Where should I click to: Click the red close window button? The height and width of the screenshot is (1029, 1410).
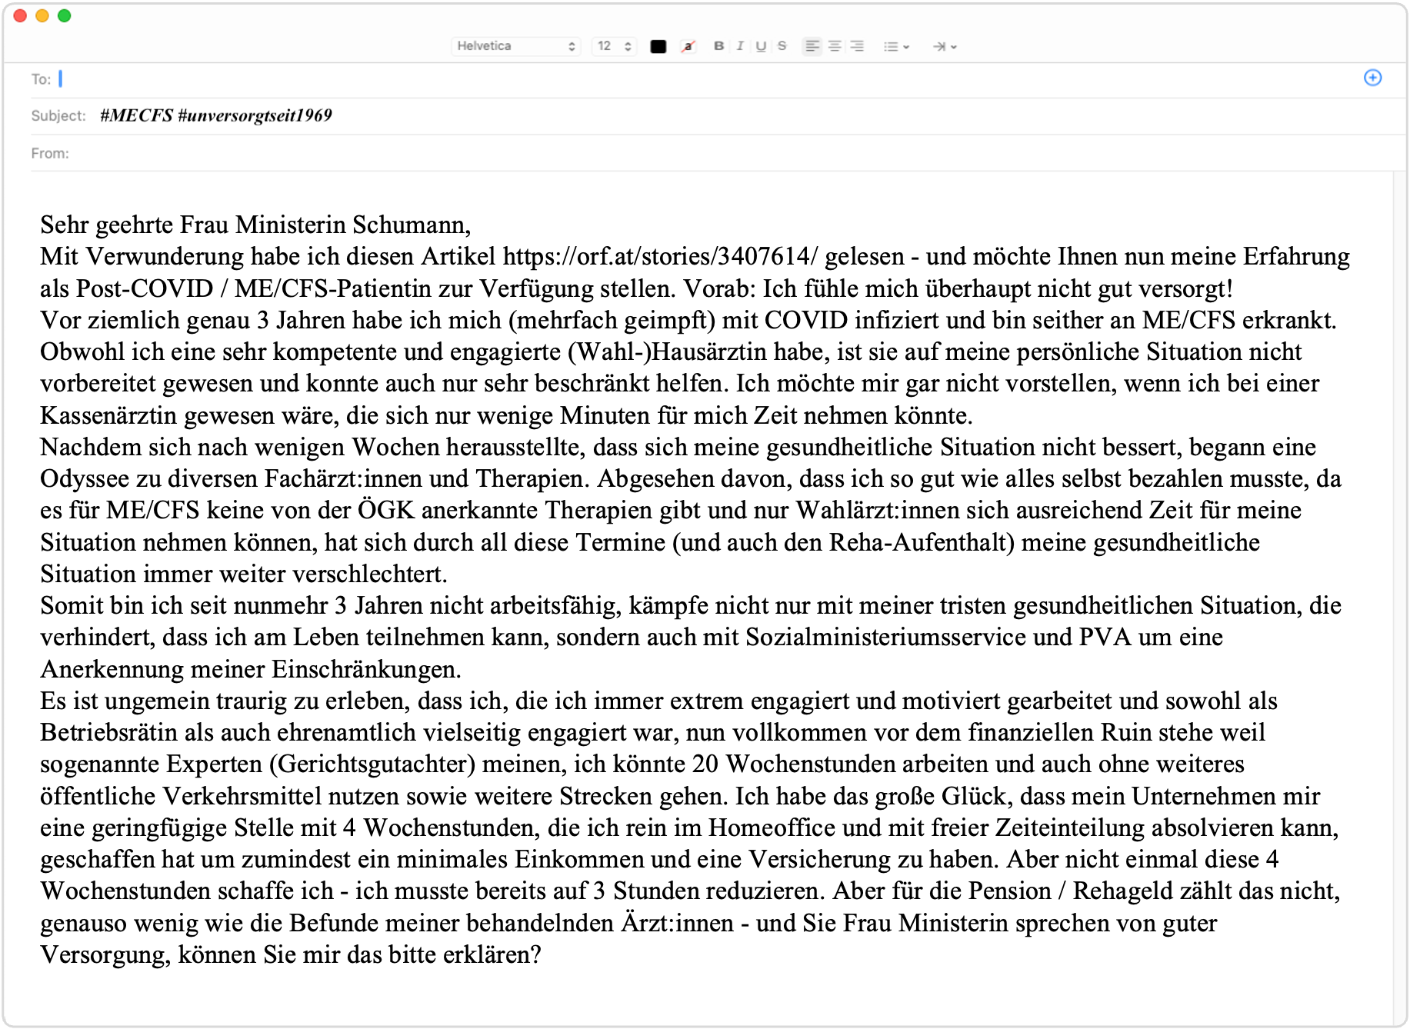click(20, 16)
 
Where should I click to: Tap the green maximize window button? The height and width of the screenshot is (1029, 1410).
click(65, 16)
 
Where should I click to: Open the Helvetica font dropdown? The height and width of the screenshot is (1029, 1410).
click(515, 46)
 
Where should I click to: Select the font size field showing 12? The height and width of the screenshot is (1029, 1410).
click(613, 46)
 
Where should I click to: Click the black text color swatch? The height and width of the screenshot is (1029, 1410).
click(658, 46)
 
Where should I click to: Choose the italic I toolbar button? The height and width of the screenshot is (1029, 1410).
click(740, 46)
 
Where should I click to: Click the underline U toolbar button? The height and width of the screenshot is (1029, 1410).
click(761, 46)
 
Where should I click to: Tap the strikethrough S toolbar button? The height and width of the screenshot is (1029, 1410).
click(782, 46)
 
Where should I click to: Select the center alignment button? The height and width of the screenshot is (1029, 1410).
click(835, 46)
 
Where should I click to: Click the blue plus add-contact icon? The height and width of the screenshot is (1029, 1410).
click(1372, 78)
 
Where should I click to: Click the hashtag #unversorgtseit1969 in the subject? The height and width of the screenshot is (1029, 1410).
click(255, 115)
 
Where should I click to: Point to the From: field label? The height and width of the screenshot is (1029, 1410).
click(50, 153)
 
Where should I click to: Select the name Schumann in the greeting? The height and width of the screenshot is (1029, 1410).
click(411, 225)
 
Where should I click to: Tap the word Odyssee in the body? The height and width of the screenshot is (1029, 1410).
click(85, 478)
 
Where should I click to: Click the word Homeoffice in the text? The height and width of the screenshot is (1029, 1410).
click(772, 828)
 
